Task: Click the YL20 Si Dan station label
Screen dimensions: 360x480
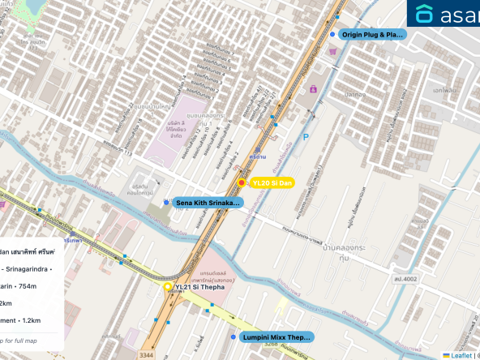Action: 272,183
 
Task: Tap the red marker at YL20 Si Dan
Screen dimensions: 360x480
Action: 242,183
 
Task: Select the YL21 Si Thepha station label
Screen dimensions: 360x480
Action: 199,287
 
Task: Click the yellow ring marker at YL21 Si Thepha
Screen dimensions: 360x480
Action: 168,287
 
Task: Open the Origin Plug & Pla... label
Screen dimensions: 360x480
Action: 371,35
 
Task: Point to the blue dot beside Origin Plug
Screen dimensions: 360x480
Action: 332,35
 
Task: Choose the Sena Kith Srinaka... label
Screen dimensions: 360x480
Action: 208,202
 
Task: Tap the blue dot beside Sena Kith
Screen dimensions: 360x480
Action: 166,202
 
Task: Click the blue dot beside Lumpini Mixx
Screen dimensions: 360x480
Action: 234,336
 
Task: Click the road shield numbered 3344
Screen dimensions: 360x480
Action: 146,355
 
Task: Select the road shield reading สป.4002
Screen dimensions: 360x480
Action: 405,280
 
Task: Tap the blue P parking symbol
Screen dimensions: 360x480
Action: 306,138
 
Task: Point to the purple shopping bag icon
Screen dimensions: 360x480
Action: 313,89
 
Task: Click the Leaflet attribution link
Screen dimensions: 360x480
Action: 461,355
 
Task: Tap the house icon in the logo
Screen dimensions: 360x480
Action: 424,14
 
